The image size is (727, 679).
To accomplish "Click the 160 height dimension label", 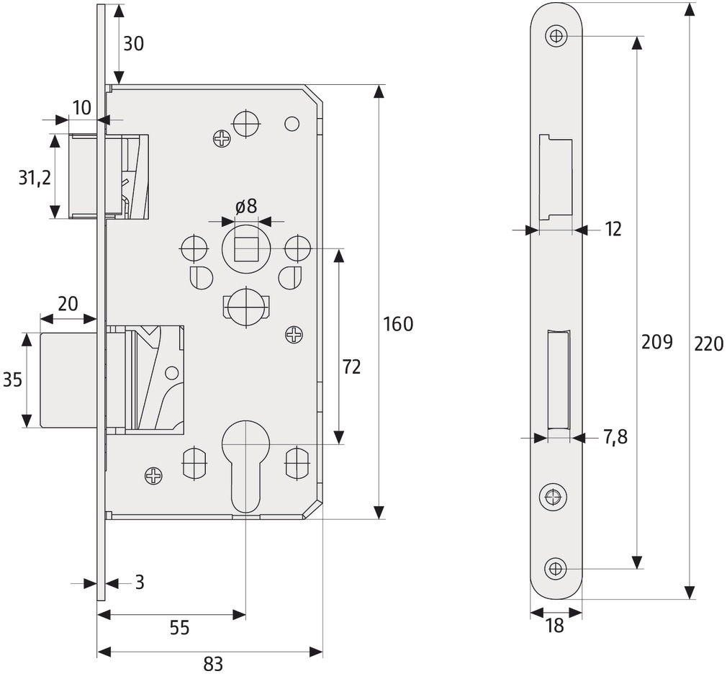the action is (x=398, y=324).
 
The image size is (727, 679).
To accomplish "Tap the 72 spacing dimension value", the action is (x=351, y=367).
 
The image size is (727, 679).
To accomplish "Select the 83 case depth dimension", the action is (x=213, y=665).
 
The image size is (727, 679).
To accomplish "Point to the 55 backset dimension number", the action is (x=179, y=628).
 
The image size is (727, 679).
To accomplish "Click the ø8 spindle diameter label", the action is (x=245, y=207).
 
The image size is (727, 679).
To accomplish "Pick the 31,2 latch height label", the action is (x=35, y=178).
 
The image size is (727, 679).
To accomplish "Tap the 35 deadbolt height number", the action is (x=12, y=380).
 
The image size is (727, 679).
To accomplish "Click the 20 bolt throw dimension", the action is (x=68, y=305).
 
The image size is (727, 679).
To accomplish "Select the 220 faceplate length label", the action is (x=709, y=344).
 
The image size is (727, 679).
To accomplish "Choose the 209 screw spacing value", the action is (x=656, y=342).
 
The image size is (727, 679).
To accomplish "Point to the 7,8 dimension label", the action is (x=615, y=437).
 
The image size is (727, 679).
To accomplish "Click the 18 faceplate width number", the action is (x=554, y=626).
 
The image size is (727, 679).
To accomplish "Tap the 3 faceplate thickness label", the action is (x=140, y=582).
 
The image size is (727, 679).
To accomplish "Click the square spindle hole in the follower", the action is (x=246, y=249).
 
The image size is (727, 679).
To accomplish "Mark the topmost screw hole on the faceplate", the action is (x=556, y=36).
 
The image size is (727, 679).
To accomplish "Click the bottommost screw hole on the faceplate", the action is (x=556, y=568).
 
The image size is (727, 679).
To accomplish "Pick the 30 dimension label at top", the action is (x=134, y=44).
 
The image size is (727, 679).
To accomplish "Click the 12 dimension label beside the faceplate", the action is (x=613, y=230).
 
